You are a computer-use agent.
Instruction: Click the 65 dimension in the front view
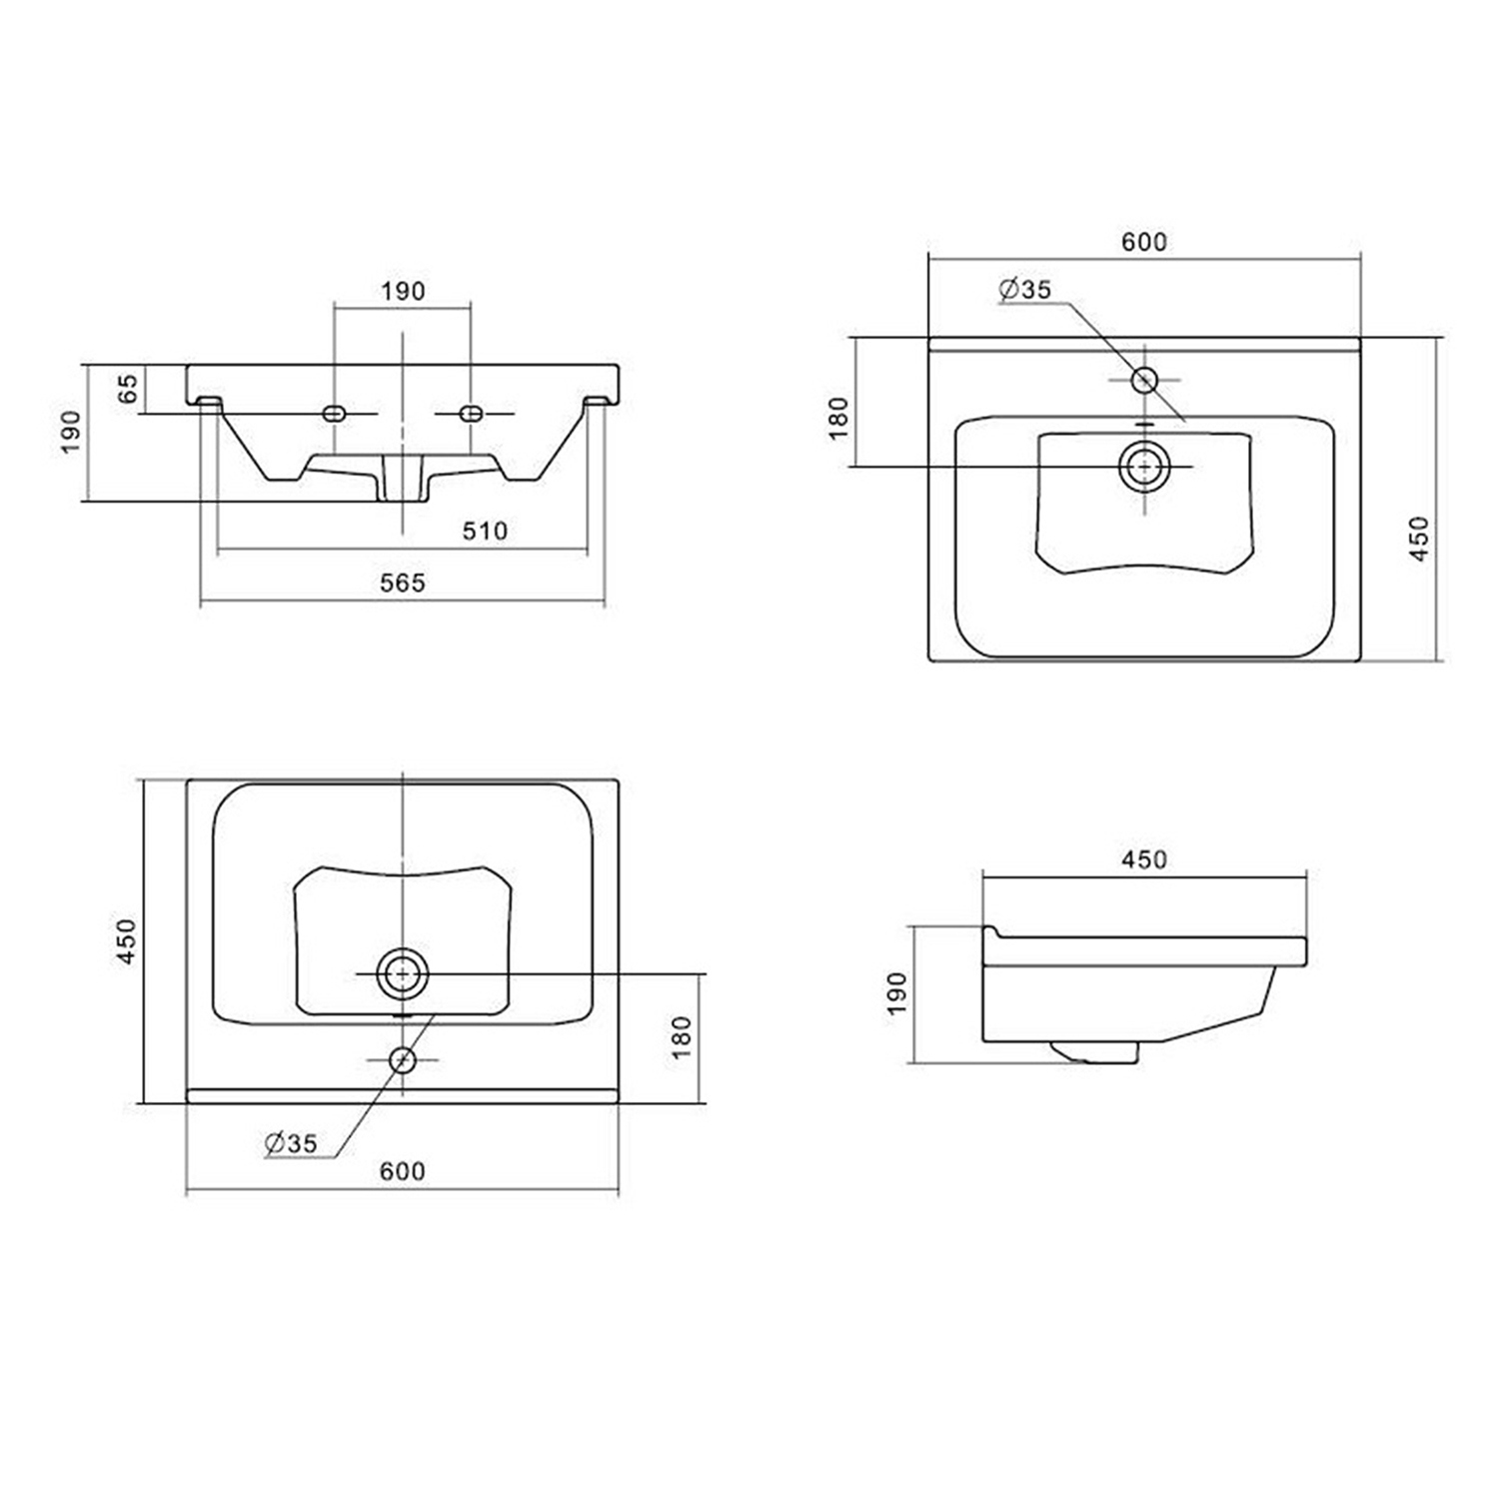click(128, 389)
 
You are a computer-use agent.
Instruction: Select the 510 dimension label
click(485, 531)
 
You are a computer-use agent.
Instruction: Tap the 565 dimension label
click(403, 583)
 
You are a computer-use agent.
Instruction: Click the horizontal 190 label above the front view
click(403, 291)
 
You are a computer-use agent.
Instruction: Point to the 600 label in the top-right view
click(1143, 242)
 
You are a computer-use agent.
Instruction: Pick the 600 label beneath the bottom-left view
click(403, 1170)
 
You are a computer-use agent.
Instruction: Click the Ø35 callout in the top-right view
click(1025, 289)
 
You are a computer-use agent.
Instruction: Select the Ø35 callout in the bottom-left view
click(291, 1143)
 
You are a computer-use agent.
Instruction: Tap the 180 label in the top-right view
click(838, 418)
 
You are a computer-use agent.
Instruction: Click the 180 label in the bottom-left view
click(682, 1037)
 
